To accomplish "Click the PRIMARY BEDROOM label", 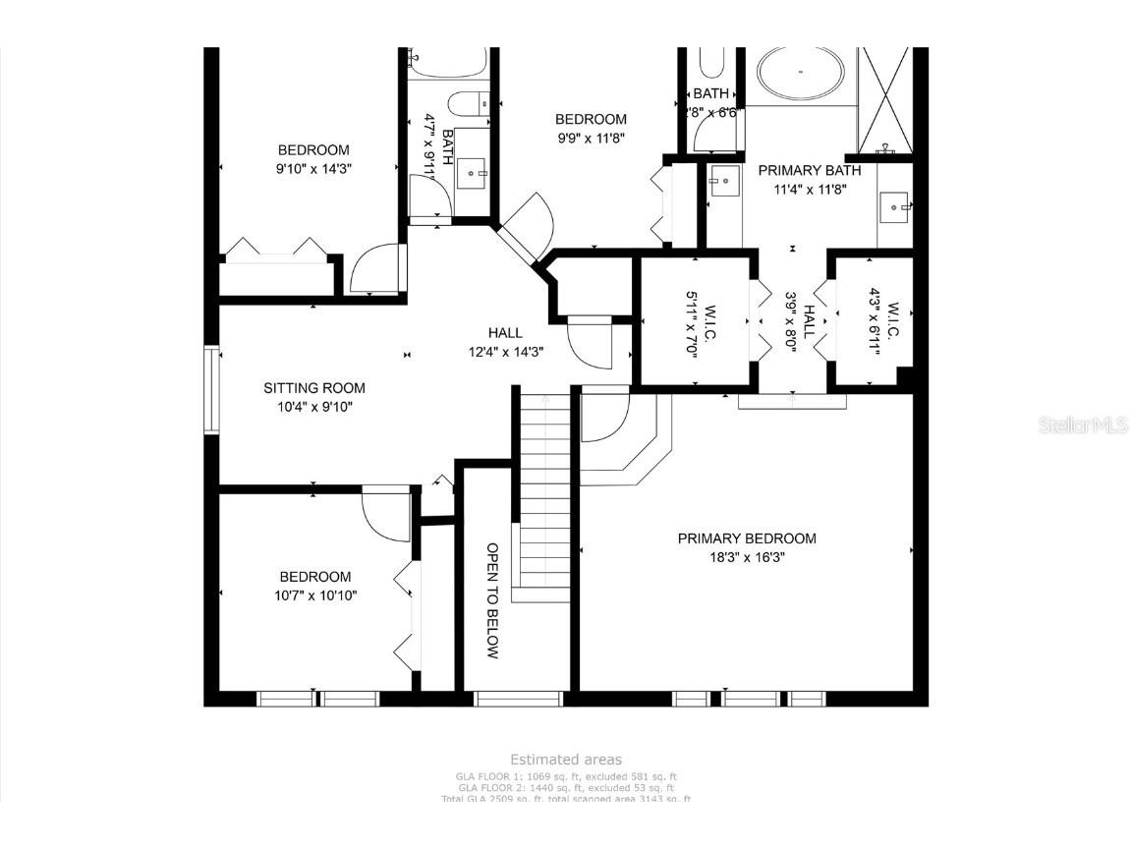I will [746, 538].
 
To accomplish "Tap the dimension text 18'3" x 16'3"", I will [746, 556].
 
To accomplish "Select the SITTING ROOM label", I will [313, 388].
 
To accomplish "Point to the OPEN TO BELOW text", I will [493, 600].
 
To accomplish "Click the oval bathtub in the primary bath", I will [800, 73].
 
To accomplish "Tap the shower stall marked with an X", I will [885, 97].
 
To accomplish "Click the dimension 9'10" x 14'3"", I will [313, 168].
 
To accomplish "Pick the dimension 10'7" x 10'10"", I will [314, 594].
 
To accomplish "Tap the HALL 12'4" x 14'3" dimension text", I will [506, 351].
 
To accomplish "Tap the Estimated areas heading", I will [565, 760].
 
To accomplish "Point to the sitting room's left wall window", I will [210, 389].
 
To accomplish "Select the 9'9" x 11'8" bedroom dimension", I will [591, 139].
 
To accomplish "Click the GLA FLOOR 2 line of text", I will [565, 788].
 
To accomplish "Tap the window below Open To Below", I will [518, 699].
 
